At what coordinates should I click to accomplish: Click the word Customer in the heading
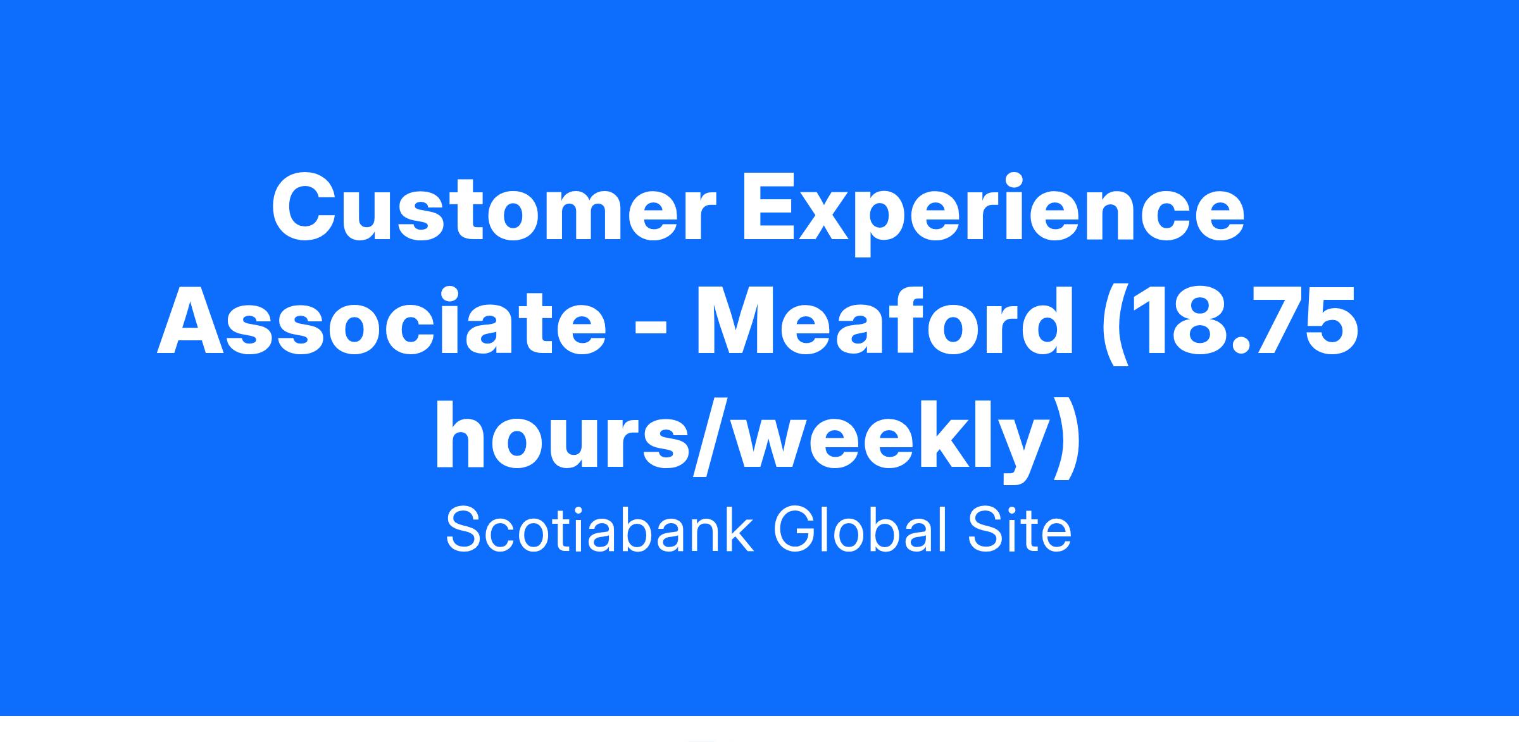[494, 207]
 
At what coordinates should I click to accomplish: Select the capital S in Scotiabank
[465, 531]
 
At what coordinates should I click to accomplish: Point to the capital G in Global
[796, 531]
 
